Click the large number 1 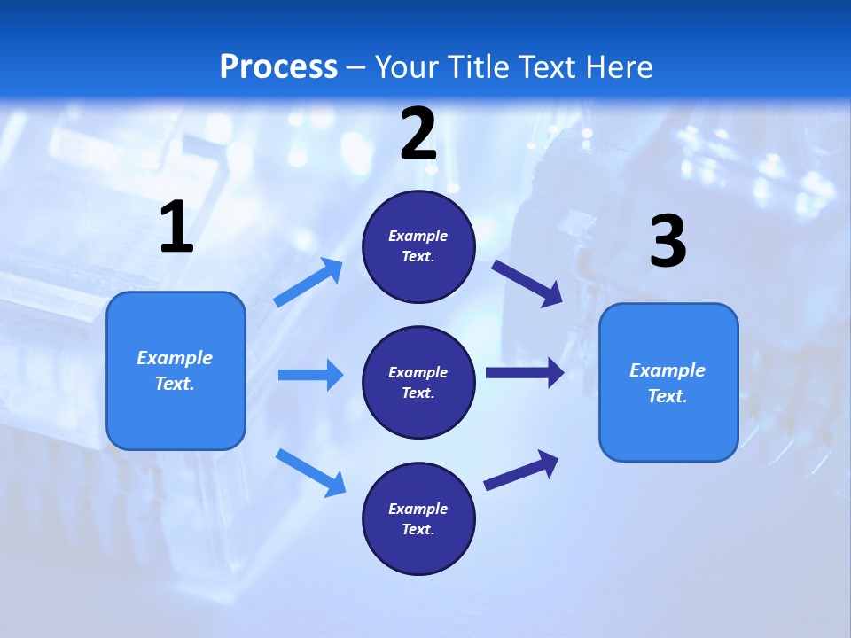click(176, 228)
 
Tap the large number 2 click(418, 134)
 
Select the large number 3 click(668, 242)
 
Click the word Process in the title click(278, 66)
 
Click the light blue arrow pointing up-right click(309, 283)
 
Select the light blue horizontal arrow click(310, 375)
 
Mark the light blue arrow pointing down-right click(311, 471)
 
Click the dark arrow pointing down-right click(527, 283)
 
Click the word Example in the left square click(175, 358)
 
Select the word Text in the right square click(667, 396)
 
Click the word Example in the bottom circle click(418, 509)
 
